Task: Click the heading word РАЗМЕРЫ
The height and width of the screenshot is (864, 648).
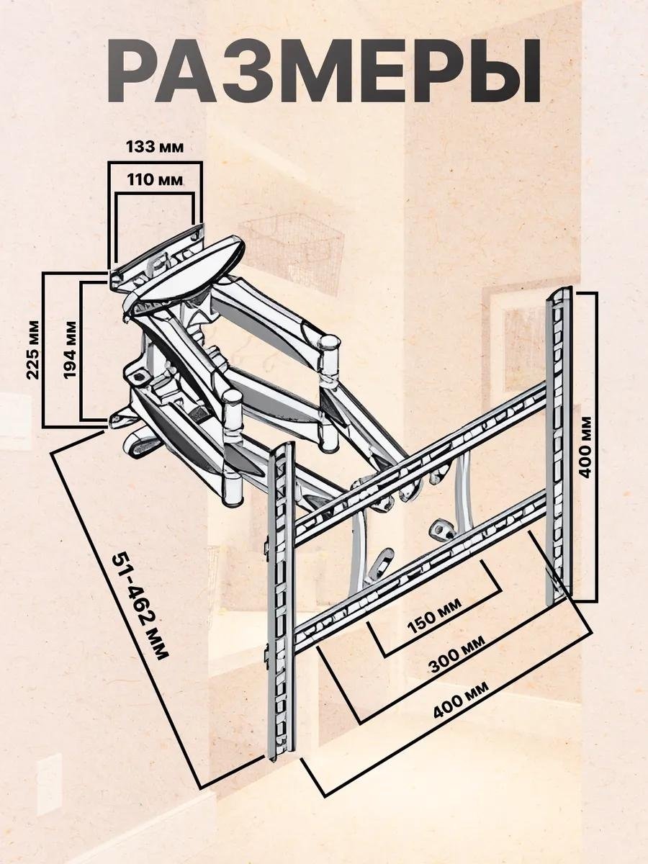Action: [323, 71]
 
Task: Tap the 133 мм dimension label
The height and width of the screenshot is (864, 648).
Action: [155, 147]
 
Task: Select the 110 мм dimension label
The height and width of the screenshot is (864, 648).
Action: [155, 180]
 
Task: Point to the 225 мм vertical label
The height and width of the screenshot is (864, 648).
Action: [33, 350]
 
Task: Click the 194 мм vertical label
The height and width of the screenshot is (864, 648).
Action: [70, 350]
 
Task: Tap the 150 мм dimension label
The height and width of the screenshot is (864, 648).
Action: [434, 616]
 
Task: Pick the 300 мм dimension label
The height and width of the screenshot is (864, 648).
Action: [456, 654]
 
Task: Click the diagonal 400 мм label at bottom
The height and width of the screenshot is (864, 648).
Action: [461, 699]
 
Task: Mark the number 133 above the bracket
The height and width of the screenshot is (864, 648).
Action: [139, 147]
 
